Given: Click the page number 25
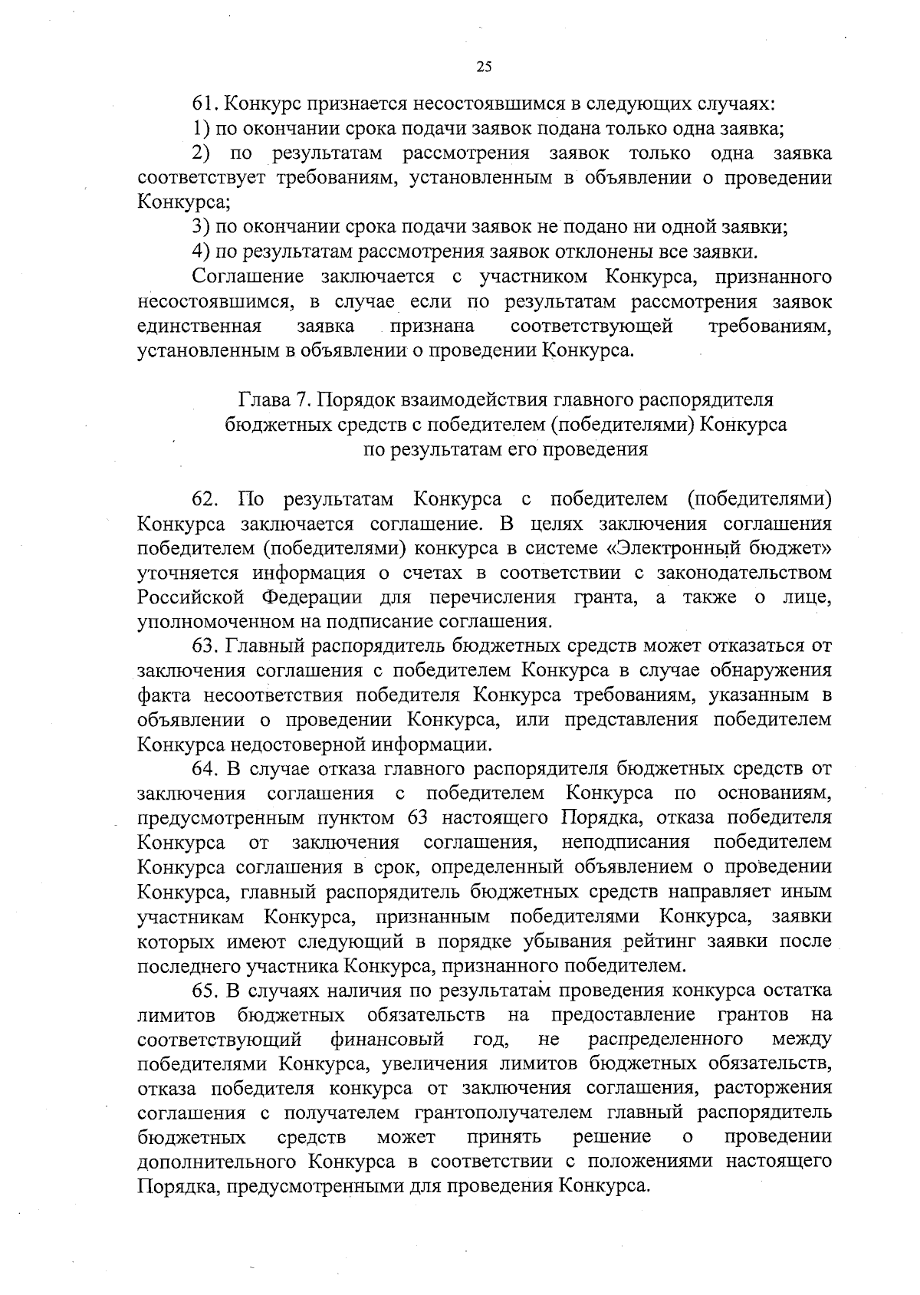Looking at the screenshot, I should (484, 67).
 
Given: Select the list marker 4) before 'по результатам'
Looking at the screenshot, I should (200, 251).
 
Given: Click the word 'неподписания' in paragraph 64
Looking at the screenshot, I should (626, 843).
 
